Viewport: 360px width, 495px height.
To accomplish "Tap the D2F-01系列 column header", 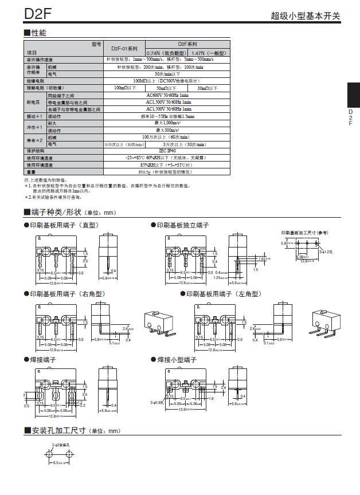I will pyautogui.click(x=124, y=49).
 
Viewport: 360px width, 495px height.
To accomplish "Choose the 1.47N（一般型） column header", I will pyautogui.click(x=210, y=53).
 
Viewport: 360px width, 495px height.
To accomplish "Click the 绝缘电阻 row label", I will pyautogui.click(x=36, y=81).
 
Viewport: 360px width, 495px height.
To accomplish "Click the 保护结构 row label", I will pyautogui.click(x=36, y=151).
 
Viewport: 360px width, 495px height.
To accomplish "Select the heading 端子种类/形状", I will pyautogui.click(x=56, y=213).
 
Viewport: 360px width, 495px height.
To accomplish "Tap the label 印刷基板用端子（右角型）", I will pyautogui.click(x=68, y=294).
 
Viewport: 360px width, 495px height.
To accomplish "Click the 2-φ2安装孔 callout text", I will pyautogui.click(x=60, y=444).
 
